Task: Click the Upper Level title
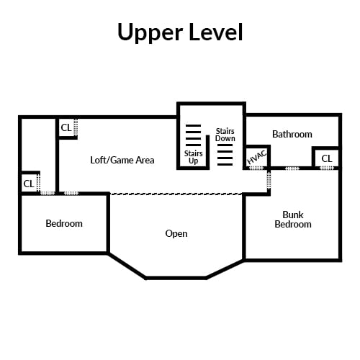click(x=180, y=32)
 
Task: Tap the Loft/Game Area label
click(x=122, y=160)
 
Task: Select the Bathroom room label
click(x=292, y=134)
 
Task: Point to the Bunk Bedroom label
click(x=293, y=220)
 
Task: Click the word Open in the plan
click(x=176, y=233)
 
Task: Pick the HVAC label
click(x=257, y=157)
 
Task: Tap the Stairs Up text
click(x=193, y=157)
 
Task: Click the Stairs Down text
click(x=225, y=135)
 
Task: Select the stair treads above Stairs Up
click(x=193, y=135)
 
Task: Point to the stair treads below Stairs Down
click(x=225, y=155)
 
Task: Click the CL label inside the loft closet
click(x=66, y=127)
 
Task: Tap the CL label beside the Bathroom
click(x=327, y=158)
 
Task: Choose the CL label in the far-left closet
click(x=29, y=184)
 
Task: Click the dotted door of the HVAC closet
click(x=256, y=168)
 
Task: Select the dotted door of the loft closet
click(x=76, y=127)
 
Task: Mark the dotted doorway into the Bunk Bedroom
click(x=269, y=180)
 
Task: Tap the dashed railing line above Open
click(x=176, y=194)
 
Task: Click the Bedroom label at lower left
click(x=64, y=223)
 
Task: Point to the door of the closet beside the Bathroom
click(x=327, y=168)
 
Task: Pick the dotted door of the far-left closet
click(x=38, y=183)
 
